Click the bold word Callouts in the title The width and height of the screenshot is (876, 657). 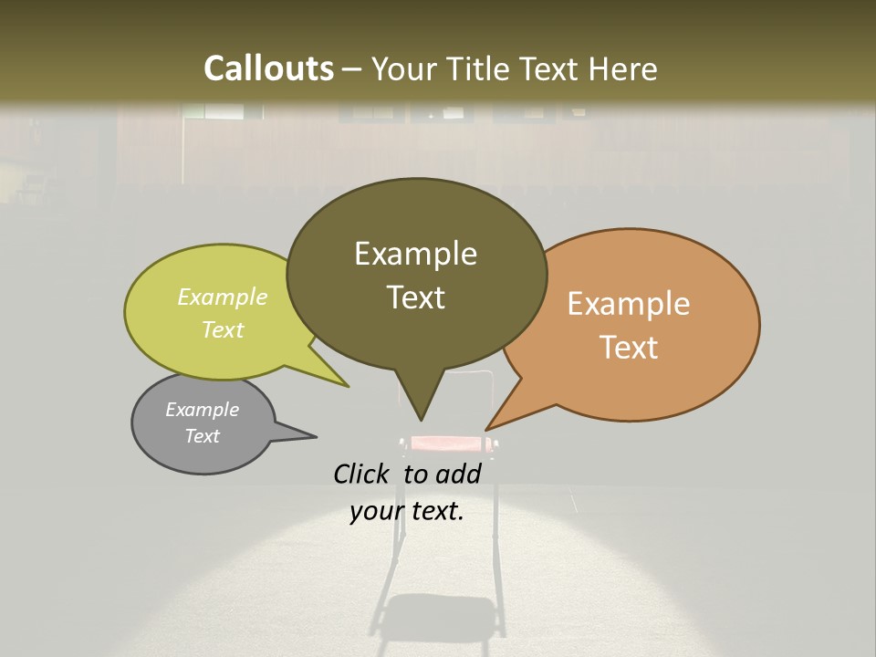[x=268, y=68]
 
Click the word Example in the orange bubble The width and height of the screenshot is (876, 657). [x=629, y=304]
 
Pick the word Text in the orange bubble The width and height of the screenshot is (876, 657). [x=629, y=348]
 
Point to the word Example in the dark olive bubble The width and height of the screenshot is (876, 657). [x=415, y=254]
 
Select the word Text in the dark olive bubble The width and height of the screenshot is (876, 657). [x=416, y=297]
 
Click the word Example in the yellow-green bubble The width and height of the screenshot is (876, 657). [x=223, y=297]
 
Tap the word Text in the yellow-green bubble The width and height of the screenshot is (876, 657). [x=223, y=330]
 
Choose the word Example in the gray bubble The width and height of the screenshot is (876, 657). [x=203, y=410]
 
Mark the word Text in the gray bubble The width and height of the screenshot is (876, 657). [x=203, y=436]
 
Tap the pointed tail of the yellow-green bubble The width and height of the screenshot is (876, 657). [x=339, y=381]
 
